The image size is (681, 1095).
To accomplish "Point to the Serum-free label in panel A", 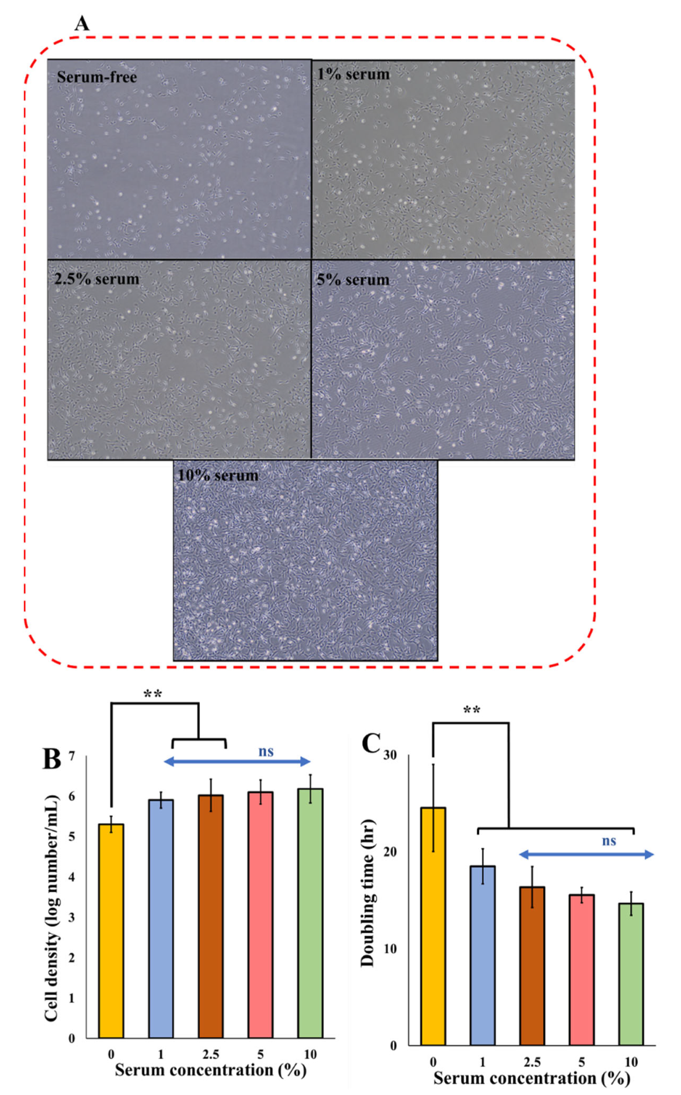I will tap(96, 77).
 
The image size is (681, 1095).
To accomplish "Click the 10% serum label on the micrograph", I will tap(218, 476).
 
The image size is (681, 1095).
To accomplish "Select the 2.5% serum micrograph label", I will tap(96, 280).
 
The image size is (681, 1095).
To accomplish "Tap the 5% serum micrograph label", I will tap(353, 280).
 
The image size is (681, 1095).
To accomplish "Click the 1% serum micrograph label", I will tap(353, 74).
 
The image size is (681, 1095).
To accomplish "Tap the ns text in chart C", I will tap(609, 841).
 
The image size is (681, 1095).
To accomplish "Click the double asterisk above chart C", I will tap(471, 711).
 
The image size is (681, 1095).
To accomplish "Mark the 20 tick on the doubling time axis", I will tap(390, 852).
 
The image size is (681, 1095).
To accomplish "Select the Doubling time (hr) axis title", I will tap(368, 899).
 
